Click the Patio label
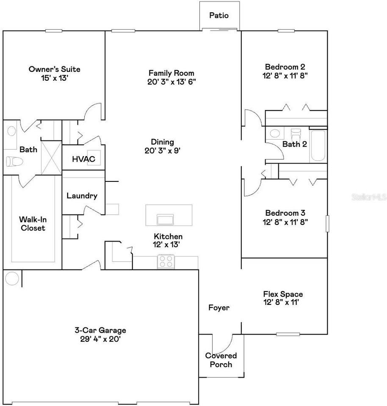(x=219, y=16)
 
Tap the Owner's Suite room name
(x=54, y=69)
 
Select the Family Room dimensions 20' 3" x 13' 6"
(x=171, y=82)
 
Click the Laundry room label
(x=82, y=196)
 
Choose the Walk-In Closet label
(x=32, y=224)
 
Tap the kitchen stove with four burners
(x=166, y=261)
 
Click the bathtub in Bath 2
(x=318, y=146)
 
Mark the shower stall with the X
(x=51, y=156)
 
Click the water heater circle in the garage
(x=12, y=279)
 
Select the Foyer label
(x=219, y=307)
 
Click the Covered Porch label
(x=221, y=360)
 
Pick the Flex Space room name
(x=283, y=294)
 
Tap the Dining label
(x=163, y=142)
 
